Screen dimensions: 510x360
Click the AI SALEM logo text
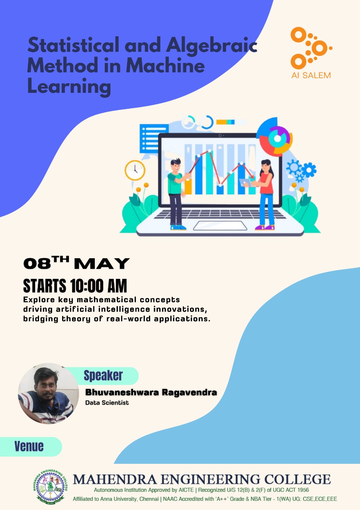tap(311, 75)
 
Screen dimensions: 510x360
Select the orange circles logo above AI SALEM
tap(311, 47)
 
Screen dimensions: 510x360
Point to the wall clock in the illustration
tap(135, 171)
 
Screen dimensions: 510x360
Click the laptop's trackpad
tap(220, 226)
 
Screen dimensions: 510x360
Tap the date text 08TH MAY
tap(76, 263)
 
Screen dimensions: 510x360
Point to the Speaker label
tap(103, 375)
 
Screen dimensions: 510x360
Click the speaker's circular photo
tap(49, 393)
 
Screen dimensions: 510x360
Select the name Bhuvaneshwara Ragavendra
tap(151, 392)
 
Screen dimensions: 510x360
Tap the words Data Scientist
tap(107, 403)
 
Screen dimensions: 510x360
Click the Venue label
tap(29, 446)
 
